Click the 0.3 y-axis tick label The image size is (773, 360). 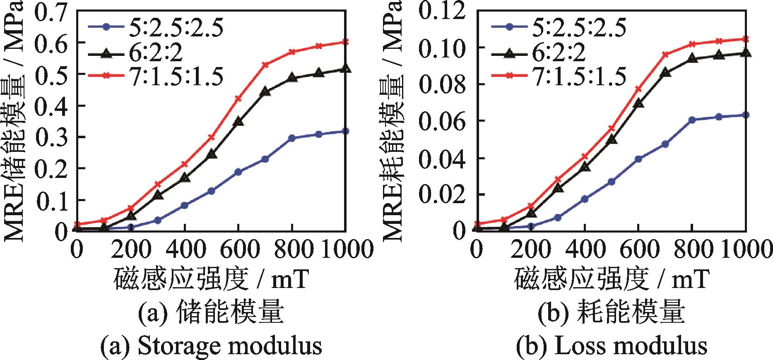pyautogui.click(x=51, y=137)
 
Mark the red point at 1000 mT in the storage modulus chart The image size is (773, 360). pyautogui.click(x=345, y=42)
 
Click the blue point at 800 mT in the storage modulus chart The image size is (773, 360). pyautogui.click(x=292, y=138)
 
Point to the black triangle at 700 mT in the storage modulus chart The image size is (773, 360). pyautogui.click(x=265, y=92)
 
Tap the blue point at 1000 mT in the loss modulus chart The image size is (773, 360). pyautogui.click(x=745, y=115)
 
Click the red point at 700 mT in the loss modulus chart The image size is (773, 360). pyautogui.click(x=665, y=54)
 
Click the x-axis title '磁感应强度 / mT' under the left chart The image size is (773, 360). pyautogui.click(x=211, y=278)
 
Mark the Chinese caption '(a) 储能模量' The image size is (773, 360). pyautogui.click(x=211, y=313)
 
